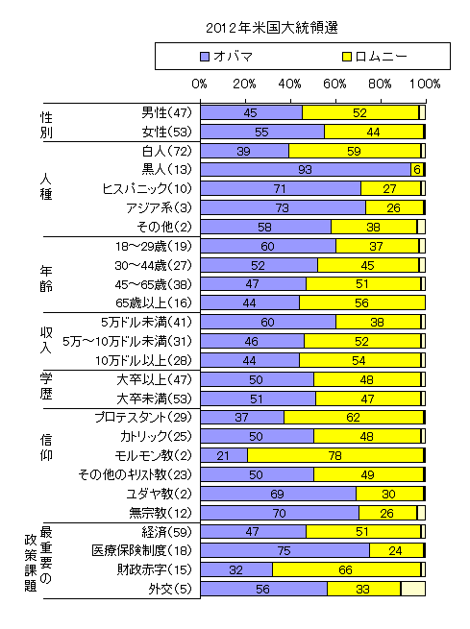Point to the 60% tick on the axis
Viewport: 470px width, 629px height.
pyautogui.click(x=335, y=84)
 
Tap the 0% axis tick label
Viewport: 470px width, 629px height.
pyautogui.click(x=200, y=84)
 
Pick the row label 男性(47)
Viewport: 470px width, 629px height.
pyautogui.click(x=167, y=112)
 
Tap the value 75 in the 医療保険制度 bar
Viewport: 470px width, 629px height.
pyautogui.click(x=284, y=550)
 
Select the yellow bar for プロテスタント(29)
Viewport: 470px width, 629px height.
pyautogui.click(x=354, y=417)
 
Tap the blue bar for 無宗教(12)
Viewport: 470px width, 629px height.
pyautogui.click(x=279, y=512)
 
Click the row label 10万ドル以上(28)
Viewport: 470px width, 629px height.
pyautogui.click(x=151, y=360)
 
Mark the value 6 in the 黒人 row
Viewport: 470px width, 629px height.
pyautogui.click(x=417, y=169)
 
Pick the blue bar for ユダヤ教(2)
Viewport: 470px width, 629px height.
pyautogui.click(x=278, y=493)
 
